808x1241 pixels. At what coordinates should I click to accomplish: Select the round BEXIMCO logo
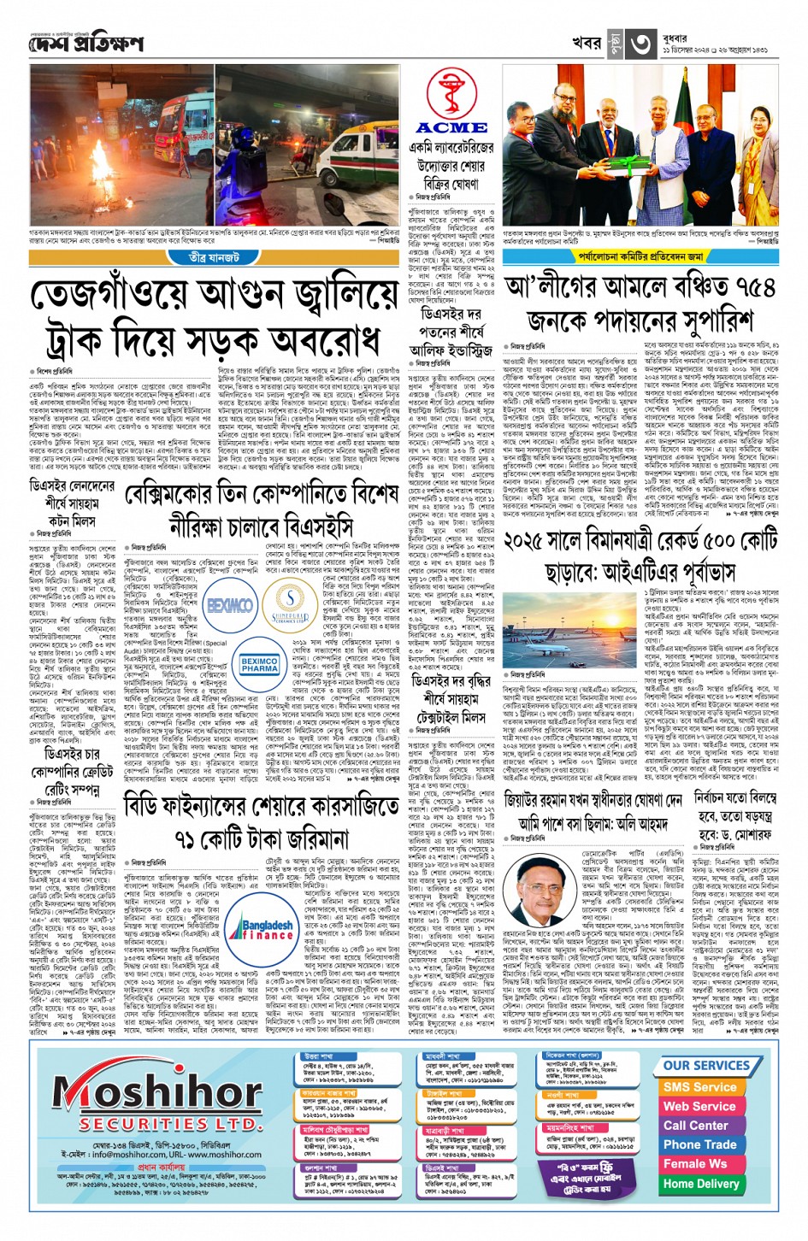point(229,605)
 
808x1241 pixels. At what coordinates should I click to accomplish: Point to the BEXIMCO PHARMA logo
point(259,664)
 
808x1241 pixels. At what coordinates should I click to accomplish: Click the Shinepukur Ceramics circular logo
point(291,602)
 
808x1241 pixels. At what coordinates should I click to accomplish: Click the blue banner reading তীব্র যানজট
point(214,257)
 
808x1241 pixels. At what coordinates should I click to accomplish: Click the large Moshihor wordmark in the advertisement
point(158,1091)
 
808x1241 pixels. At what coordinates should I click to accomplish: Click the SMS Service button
point(699,1087)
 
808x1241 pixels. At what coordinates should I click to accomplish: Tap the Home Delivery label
point(700,1184)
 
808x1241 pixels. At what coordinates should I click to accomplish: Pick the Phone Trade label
point(699,1144)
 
